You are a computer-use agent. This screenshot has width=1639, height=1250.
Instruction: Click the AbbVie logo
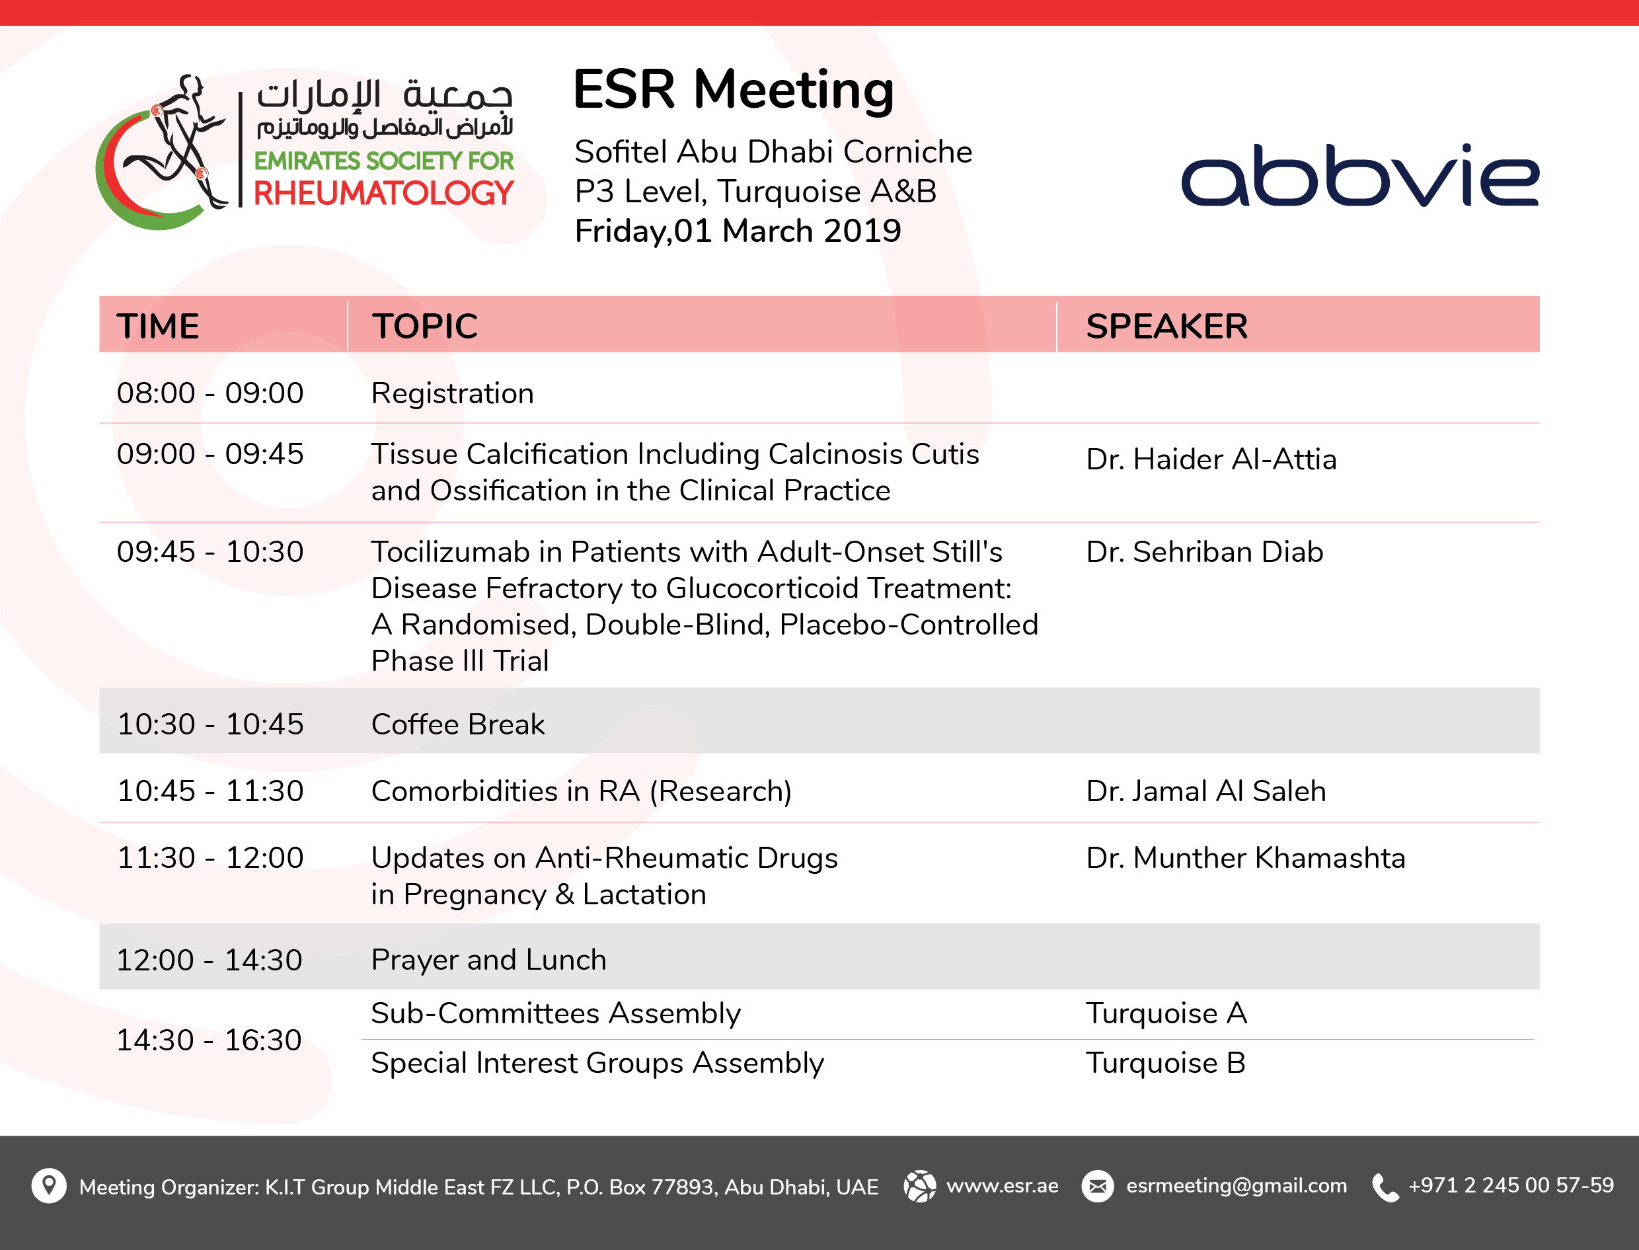[1360, 175]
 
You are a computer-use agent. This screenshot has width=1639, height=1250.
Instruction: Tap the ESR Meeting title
[734, 91]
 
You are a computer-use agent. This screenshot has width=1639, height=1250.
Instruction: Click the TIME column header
[158, 326]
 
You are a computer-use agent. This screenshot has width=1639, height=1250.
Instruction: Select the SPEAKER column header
[1166, 326]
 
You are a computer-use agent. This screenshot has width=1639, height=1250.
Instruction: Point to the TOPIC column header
[425, 326]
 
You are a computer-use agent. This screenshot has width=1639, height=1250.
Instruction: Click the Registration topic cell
[452, 393]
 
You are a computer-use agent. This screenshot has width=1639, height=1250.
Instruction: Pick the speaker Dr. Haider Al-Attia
[1211, 459]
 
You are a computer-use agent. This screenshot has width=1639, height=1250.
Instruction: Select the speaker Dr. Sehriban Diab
[1205, 551]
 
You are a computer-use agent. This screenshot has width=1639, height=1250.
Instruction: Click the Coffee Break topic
[457, 724]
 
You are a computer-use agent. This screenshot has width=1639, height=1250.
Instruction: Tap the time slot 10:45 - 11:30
[211, 791]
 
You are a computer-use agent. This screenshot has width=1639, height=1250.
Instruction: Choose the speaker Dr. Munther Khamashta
[1245, 858]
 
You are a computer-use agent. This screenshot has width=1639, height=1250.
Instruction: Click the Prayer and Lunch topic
[489, 960]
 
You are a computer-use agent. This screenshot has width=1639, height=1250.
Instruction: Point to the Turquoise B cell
[1166, 1062]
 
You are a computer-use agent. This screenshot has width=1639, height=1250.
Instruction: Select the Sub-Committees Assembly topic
[556, 1013]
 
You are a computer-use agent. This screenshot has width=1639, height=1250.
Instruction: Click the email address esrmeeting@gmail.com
[1237, 1185]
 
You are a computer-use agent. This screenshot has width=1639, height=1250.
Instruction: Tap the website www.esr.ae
[1002, 1186]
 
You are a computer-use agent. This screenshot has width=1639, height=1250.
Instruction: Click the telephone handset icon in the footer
[1385, 1187]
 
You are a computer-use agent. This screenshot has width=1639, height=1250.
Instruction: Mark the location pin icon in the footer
[49, 1185]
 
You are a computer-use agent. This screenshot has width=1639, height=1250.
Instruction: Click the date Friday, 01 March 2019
[738, 231]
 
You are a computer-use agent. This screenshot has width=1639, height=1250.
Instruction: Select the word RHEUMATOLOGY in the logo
[383, 194]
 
